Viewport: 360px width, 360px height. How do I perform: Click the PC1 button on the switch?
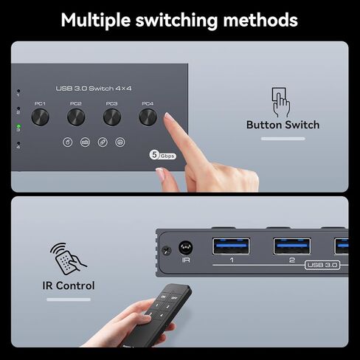pos(41,117)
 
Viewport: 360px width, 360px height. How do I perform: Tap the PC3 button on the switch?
pos(111,117)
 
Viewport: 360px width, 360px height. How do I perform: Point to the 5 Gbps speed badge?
pos(163,155)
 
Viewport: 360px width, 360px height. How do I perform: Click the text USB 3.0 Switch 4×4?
pos(94,89)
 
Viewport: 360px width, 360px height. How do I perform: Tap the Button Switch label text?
pos(283,125)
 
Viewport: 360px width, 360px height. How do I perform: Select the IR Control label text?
pos(68,285)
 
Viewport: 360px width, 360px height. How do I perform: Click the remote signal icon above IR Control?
pos(67,257)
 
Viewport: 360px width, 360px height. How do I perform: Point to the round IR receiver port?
pos(185,249)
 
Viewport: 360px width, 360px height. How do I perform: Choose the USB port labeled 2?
pos(292,246)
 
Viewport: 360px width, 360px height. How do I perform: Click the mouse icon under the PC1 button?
pos(67,142)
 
